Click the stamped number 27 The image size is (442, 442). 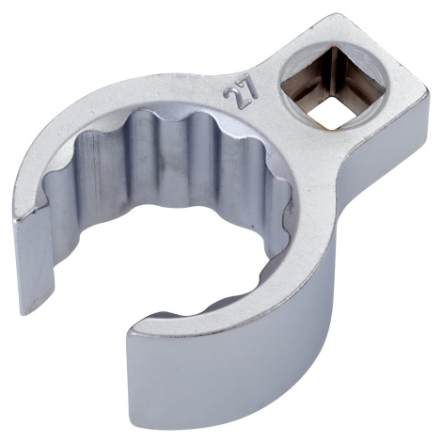point(241,91)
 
